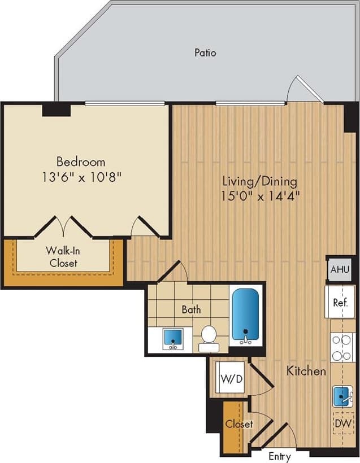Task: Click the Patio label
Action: tap(205, 53)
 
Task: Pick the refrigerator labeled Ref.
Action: tap(340, 302)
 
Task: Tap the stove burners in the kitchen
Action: tap(341, 347)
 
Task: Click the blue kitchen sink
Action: tap(342, 396)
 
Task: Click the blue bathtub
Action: tap(246, 315)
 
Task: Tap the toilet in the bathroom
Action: tap(209, 335)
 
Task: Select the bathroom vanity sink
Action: tap(172, 339)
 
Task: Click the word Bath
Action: tap(191, 309)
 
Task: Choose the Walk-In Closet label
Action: tap(63, 257)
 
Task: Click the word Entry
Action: tap(280, 456)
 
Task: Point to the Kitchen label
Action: tap(306, 371)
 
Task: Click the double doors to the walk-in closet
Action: tap(64, 226)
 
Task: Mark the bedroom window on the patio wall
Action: tap(125, 103)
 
